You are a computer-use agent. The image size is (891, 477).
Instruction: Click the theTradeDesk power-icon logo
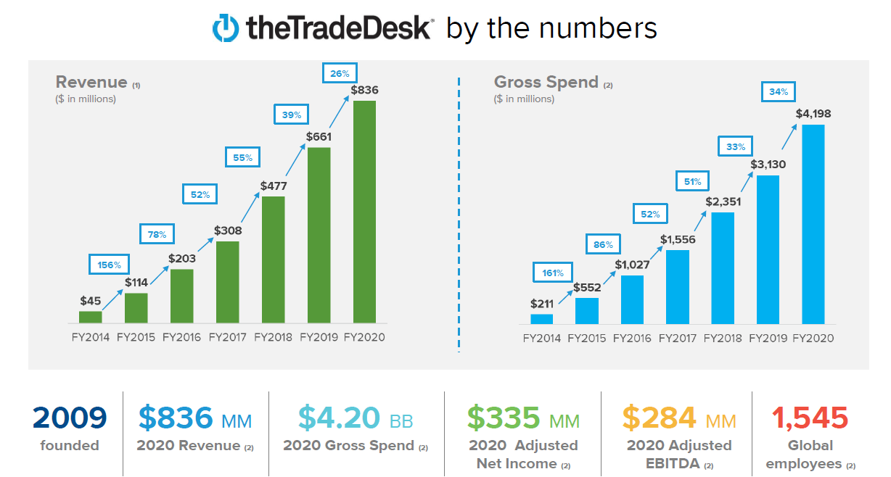pyautogui.click(x=225, y=28)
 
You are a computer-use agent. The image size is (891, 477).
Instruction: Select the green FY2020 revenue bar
pyautogui.click(x=364, y=212)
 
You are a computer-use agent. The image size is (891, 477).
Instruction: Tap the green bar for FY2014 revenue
pyautogui.click(x=91, y=317)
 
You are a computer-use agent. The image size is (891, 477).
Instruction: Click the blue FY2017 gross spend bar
pyautogui.click(x=677, y=287)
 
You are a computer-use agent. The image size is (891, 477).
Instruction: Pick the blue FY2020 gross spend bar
pyautogui.click(x=813, y=224)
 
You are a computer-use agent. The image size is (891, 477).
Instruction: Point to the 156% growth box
pyautogui.click(x=110, y=265)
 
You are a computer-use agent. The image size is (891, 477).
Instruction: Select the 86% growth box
pyautogui.click(x=604, y=244)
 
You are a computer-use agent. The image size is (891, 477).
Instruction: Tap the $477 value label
pyautogui.click(x=274, y=186)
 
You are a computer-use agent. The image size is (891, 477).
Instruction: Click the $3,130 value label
pyautogui.click(x=768, y=165)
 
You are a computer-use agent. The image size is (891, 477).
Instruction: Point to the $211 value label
pyautogui.click(x=542, y=304)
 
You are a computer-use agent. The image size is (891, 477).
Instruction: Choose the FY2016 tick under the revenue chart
pyautogui.click(x=182, y=337)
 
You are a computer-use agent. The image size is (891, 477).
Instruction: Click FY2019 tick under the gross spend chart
pyautogui.click(x=768, y=338)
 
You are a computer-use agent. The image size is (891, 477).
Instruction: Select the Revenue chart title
pyautogui.click(x=92, y=82)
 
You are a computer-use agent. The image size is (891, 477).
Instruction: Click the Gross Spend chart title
pyautogui.click(x=546, y=82)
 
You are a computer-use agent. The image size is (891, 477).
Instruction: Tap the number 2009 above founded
pyautogui.click(x=70, y=418)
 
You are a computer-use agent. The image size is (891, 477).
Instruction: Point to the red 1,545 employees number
pyautogui.click(x=810, y=418)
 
